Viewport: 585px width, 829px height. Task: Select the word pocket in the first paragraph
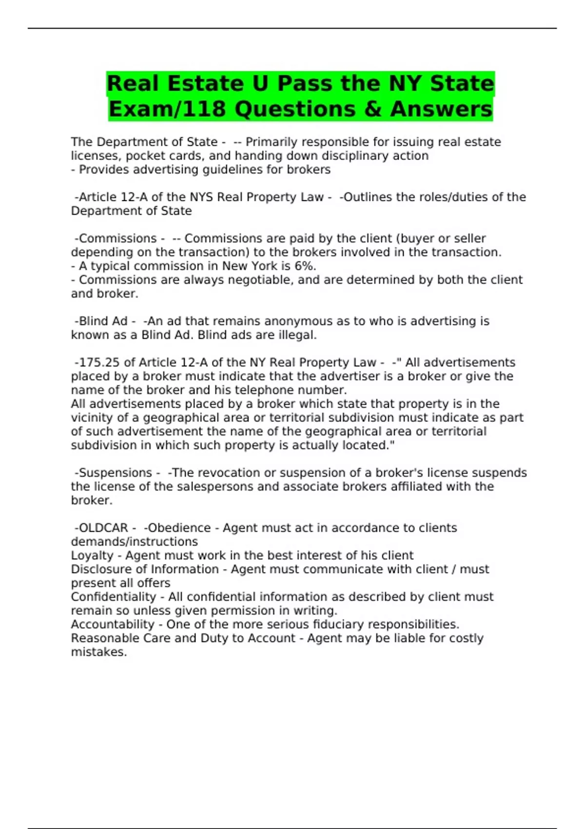click(x=142, y=156)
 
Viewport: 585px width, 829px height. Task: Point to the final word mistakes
click(x=98, y=652)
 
